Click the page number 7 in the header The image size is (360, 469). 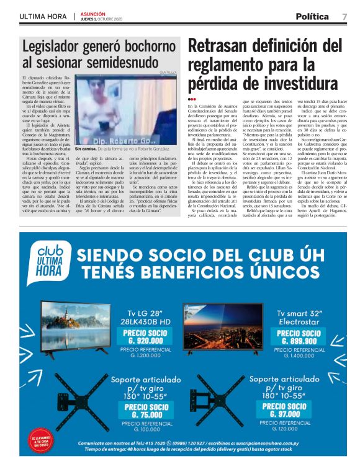pos(344,17)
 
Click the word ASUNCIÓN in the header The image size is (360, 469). pos(93,14)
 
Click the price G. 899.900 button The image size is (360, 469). pos(301,337)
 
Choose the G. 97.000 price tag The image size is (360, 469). pos(286,410)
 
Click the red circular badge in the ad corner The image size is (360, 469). pos(40,442)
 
